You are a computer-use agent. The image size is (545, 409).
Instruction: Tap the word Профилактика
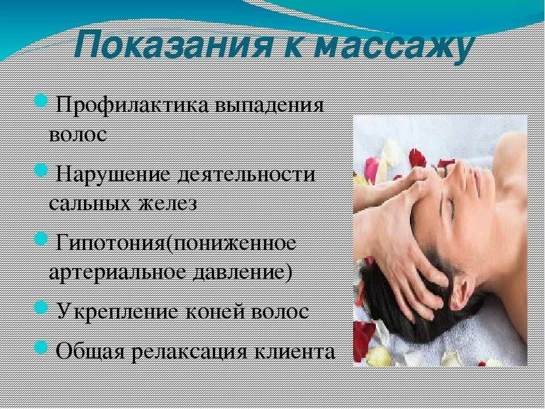coord(134,106)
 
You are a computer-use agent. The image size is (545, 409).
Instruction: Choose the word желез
coord(167,203)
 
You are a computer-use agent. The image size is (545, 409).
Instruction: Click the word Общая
coord(90,350)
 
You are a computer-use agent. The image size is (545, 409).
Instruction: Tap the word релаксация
coord(193,350)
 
